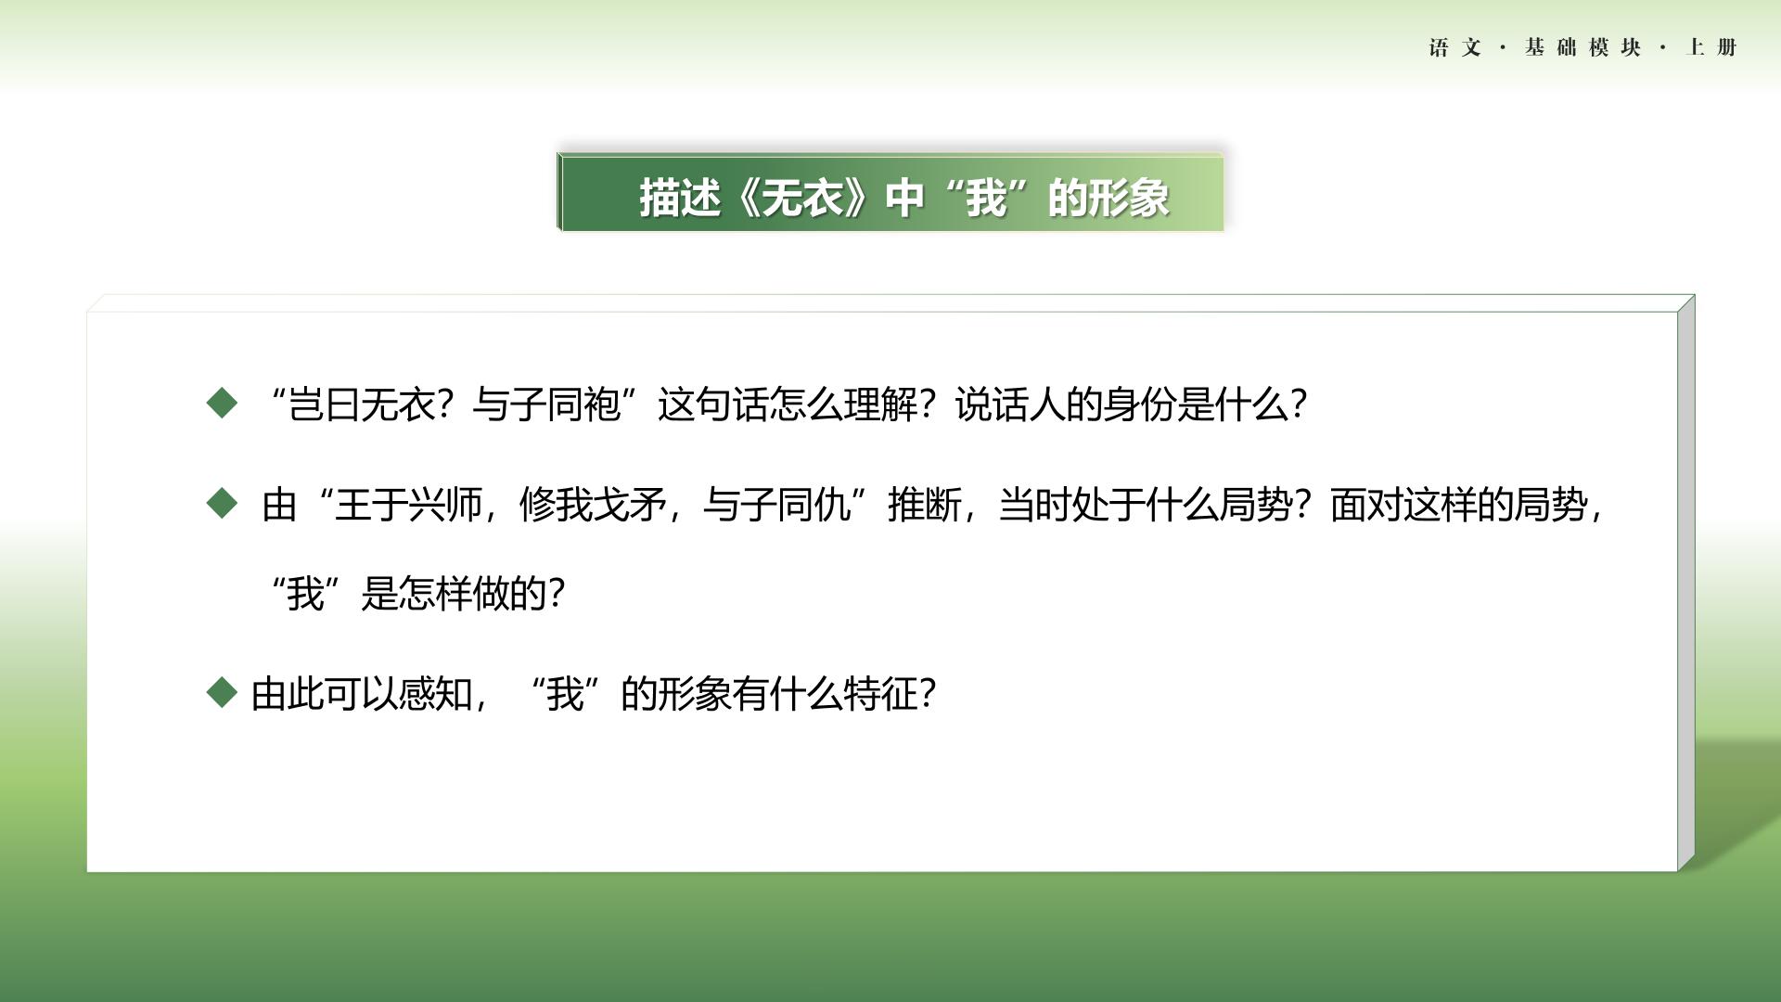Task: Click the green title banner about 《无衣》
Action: [890, 192]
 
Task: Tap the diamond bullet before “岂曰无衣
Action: [222, 403]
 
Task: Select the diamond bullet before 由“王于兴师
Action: [222, 504]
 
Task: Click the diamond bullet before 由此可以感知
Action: [222, 692]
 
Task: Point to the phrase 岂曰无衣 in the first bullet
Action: [361, 405]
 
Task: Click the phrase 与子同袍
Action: [546, 405]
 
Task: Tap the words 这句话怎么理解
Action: [788, 405]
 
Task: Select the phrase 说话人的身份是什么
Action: [1121, 405]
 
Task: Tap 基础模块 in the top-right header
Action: [1582, 47]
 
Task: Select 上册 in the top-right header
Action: [1711, 47]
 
